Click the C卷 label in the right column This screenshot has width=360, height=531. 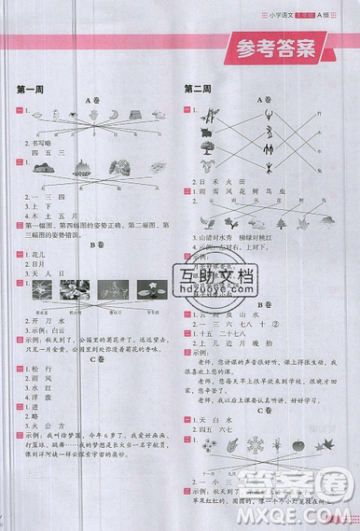267,421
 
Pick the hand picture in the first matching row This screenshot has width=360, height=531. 91,114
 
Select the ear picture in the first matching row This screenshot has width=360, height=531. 71,114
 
